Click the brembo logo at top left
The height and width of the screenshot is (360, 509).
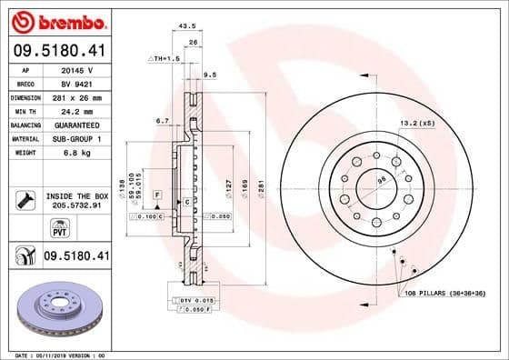[57, 21]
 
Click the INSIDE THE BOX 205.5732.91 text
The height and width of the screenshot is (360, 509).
[77, 201]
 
